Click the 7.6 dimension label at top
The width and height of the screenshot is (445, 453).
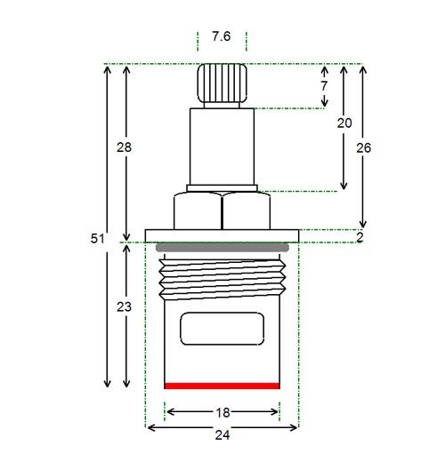click(x=222, y=36)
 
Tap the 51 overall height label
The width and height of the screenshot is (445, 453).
click(x=98, y=238)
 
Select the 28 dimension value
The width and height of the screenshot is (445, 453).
click(x=124, y=147)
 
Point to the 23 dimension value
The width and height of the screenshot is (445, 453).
click(x=124, y=306)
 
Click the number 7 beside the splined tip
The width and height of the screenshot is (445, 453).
click(x=324, y=86)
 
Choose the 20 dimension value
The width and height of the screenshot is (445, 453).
click(x=344, y=123)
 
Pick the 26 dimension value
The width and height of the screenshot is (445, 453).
click(x=364, y=147)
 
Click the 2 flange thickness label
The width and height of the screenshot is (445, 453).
click(x=360, y=237)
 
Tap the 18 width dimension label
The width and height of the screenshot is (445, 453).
click(x=222, y=413)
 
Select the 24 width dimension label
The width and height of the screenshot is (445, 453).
click(x=222, y=435)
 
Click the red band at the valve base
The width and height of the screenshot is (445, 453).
click(x=222, y=385)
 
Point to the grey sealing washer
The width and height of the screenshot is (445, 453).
click(x=222, y=248)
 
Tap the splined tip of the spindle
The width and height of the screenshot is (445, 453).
click(x=222, y=83)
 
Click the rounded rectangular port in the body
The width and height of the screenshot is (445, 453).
click(x=222, y=329)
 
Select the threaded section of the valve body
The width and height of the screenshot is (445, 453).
click(x=222, y=280)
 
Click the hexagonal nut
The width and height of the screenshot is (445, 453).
click(x=222, y=211)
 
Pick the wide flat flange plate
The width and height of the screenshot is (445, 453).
click(x=222, y=235)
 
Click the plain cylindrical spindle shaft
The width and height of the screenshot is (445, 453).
click(x=222, y=147)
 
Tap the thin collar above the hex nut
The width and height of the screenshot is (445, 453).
click(x=222, y=188)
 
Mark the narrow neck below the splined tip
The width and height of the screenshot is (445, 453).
click(x=222, y=105)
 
